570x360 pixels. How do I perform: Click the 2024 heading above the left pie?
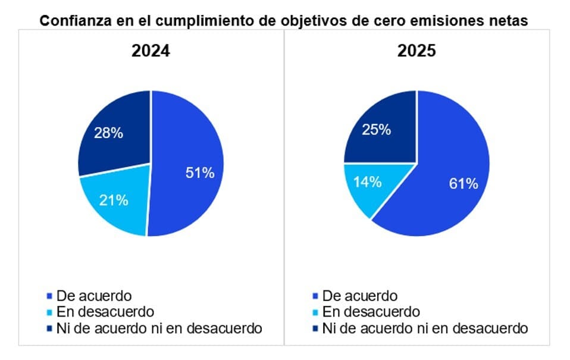click(x=151, y=51)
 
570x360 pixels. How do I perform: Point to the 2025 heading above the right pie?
click(x=416, y=51)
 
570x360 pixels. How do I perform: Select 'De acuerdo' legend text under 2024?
click(x=93, y=296)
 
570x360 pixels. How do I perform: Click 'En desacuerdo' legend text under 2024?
click(x=105, y=312)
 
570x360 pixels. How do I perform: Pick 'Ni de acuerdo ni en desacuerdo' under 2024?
click(x=158, y=328)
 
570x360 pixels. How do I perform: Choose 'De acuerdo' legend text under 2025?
click(x=359, y=296)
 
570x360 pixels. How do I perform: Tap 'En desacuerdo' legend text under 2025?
click(x=371, y=312)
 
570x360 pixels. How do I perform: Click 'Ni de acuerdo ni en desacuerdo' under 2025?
click(x=425, y=328)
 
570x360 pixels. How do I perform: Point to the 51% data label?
click(x=200, y=173)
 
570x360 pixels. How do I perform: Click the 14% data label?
click(x=368, y=182)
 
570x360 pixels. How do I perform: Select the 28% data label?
click(x=108, y=133)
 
